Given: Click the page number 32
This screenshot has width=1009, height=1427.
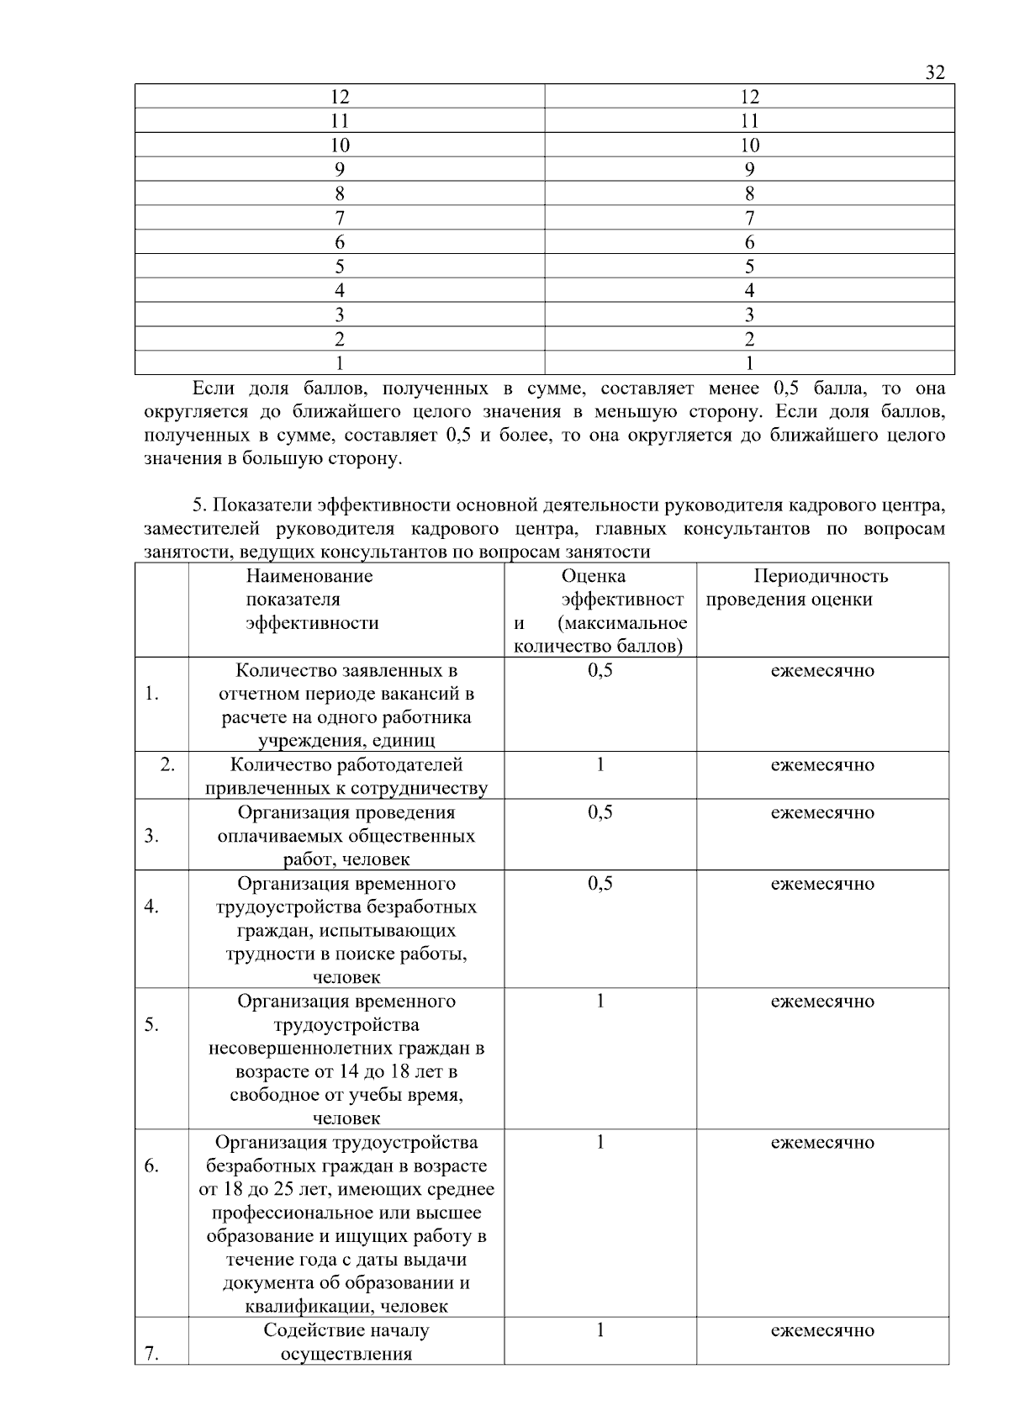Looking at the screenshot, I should click(x=935, y=72).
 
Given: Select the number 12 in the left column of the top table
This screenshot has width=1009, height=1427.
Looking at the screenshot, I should click(x=340, y=97).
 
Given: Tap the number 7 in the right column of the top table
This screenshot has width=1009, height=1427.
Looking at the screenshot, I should click(x=749, y=219).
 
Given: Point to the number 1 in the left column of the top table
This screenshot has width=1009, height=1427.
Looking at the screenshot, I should click(x=340, y=364).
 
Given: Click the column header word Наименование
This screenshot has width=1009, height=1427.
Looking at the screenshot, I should click(x=309, y=576).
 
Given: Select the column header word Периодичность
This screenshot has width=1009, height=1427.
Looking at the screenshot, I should click(x=821, y=576).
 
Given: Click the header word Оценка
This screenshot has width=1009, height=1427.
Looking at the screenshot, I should click(x=593, y=576).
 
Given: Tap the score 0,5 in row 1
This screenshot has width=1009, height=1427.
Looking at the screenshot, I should click(x=600, y=671).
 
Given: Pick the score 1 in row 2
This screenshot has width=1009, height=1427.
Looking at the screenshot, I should click(x=600, y=765).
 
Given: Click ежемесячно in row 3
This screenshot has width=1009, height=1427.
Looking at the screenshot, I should click(x=822, y=812).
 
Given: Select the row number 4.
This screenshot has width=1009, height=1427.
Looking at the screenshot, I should click(x=151, y=907).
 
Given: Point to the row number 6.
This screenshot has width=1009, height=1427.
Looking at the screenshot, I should click(x=151, y=1166).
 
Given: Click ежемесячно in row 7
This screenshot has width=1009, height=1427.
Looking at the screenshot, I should click(x=822, y=1330).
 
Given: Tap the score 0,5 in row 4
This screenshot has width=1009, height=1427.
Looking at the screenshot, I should click(x=600, y=884).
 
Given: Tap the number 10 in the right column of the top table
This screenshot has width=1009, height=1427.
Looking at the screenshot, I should click(x=749, y=145).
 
